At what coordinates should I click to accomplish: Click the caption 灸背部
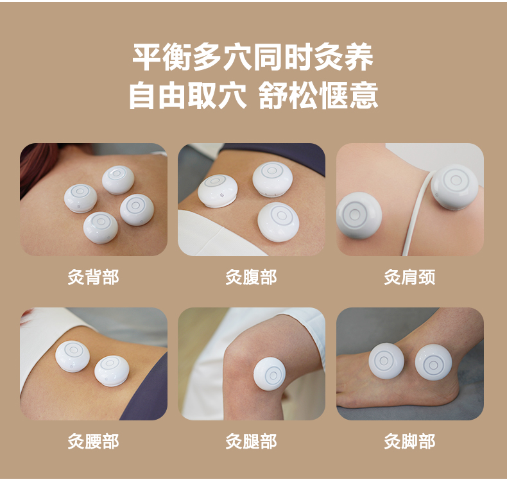coord(93,277)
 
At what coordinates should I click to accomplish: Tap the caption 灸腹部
coord(251,277)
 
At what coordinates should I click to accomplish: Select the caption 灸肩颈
coord(409,277)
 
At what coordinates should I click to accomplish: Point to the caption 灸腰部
coord(93,442)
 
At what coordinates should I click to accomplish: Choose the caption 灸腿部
coord(251,442)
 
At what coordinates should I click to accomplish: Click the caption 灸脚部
coord(409,442)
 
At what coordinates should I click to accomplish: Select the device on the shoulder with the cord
coord(454,187)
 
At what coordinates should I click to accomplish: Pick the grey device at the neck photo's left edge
coord(358,216)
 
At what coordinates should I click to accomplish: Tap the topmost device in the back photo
coord(118,180)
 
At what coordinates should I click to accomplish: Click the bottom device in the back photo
coord(101,228)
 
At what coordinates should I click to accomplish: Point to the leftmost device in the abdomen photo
coord(218,191)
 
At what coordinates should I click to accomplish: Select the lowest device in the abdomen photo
coord(278,222)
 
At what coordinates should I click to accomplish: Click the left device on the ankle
coord(386,361)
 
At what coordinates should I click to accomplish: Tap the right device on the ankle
coord(433,362)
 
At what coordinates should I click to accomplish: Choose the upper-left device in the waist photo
coord(73,356)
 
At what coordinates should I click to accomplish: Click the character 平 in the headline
coord(146,58)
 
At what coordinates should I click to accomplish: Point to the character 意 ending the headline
coord(363,95)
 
